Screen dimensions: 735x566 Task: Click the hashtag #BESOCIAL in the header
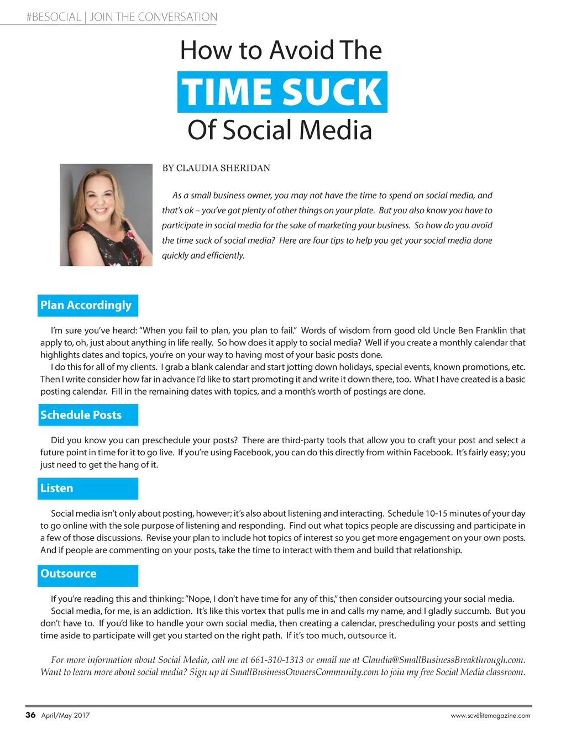tap(54, 17)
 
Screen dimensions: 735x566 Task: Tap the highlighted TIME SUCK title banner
tap(282, 92)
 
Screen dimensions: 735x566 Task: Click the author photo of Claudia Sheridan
tap(106, 215)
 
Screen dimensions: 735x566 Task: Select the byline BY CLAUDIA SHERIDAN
tap(216, 168)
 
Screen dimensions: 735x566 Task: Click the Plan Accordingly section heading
tap(87, 305)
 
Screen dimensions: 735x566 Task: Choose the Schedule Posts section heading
tap(81, 415)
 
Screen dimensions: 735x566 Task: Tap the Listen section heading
tap(57, 488)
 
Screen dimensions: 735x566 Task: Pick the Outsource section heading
tap(69, 574)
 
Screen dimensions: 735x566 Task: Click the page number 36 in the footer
tap(30, 715)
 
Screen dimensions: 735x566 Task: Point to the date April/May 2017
tap(65, 715)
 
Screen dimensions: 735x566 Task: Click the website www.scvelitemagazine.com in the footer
tap(490, 716)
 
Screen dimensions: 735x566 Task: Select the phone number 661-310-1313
tap(277, 660)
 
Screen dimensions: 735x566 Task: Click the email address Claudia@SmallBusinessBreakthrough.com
tap(443, 660)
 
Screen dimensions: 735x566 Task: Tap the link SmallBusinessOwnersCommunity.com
tap(304, 672)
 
